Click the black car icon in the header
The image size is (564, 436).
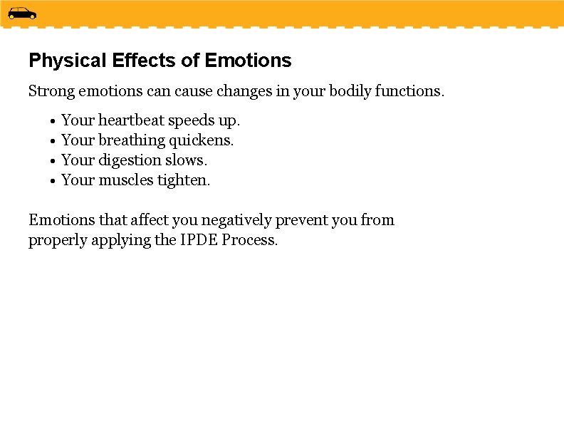coord(22,13)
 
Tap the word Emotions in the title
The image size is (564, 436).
coord(248,61)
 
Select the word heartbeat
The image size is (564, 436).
coord(130,120)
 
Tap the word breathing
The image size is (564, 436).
coord(131,140)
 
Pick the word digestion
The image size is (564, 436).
coord(130,160)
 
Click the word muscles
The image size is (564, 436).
coord(125,180)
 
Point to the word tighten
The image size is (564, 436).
coord(184,180)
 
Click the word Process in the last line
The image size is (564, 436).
coord(249,240)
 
